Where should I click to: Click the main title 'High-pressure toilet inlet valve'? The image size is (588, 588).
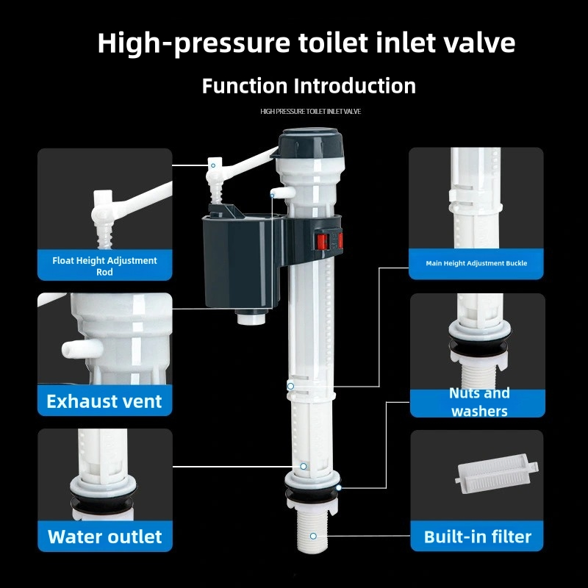(306, 43)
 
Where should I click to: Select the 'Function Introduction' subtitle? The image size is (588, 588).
(309, 85)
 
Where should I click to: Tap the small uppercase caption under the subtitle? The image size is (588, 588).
(310, 111)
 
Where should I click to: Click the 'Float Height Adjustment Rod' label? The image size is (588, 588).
(104, 266)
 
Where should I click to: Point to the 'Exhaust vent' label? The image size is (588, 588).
(104, 401)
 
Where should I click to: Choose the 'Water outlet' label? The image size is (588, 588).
(104, 537)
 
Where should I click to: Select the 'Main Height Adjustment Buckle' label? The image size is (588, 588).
(476, 263)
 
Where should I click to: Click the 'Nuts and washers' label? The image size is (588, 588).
(479, 402)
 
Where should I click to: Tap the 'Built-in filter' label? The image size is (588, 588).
(477, 537)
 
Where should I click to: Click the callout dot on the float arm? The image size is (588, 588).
(213, 166)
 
